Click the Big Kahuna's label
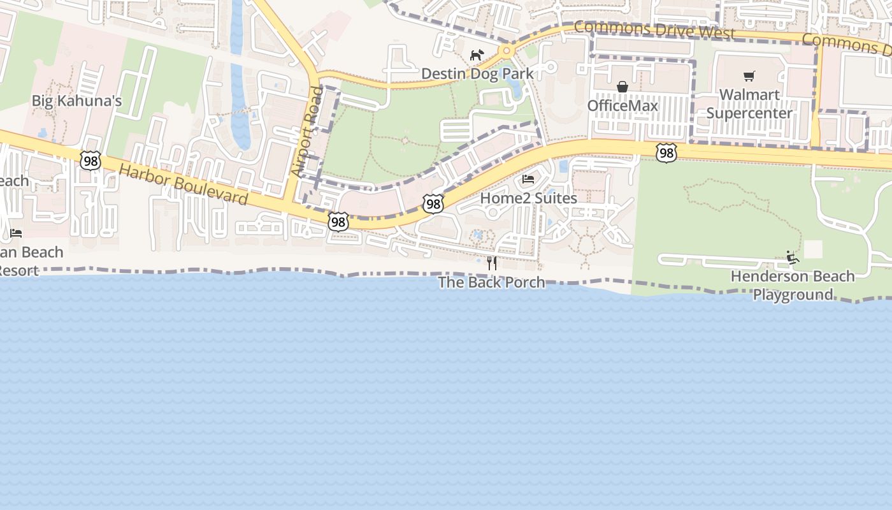tap(76, 101)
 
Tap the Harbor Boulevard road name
tap(183, 185)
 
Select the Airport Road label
tap(306, 132)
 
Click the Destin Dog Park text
tap(477, 73)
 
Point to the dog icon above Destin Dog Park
tap(477, 55)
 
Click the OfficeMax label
tap(622, 105)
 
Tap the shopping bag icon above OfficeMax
tap(622, 87)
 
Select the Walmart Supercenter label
tap(749, 104)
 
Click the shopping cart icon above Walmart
tap(749, 76)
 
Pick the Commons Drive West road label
tap(654, 30)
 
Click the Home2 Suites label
tap(528, 198)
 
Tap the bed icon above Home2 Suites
tap(528, 179)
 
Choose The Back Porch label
tap(491, 282)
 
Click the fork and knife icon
tap(492, 263)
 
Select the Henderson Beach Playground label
tap(793, 285)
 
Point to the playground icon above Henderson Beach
tap(793, 258)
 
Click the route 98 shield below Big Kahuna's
tap(90, 161)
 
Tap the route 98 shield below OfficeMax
tap(666, 152)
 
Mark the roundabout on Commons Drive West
tap(507, 50)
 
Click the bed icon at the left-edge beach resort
tap(16, 233)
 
